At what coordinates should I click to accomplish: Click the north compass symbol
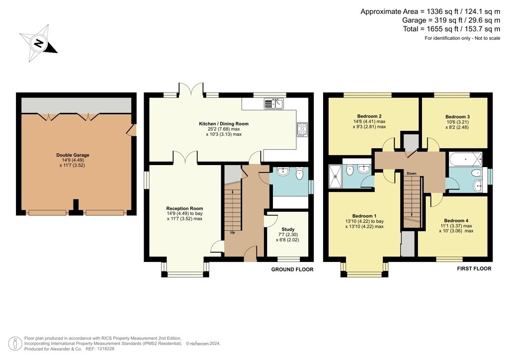(x=39, y=43)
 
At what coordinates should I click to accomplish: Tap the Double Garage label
(x=73, y=155)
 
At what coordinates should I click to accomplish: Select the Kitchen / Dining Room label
(x=224, y=124)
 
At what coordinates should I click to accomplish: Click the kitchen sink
(x=274, y=103)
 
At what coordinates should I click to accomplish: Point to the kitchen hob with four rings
(x=302, y=130)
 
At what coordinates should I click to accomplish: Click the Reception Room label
(x=185, y=208)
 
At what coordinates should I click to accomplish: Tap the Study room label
(x=288, y=229)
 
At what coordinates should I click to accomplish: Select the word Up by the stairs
(x=233, y=232)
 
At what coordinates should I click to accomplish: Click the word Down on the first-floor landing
(x=412, y=174)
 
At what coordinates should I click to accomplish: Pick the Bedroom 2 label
(x=369, y=116)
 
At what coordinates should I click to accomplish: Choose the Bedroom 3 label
(x=457, y=117)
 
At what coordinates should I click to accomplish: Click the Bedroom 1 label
(x=364, y=216)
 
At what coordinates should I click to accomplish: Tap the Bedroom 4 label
(x=456, y=221)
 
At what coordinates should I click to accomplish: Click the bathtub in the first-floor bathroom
(x=465, y=160)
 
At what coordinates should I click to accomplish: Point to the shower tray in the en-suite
(x=336, y=177)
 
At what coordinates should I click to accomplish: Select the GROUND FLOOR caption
(x=292, y=270)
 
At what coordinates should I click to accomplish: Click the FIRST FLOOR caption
(x=474, y=269)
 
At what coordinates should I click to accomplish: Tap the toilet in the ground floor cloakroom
(x=299, y=174)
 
